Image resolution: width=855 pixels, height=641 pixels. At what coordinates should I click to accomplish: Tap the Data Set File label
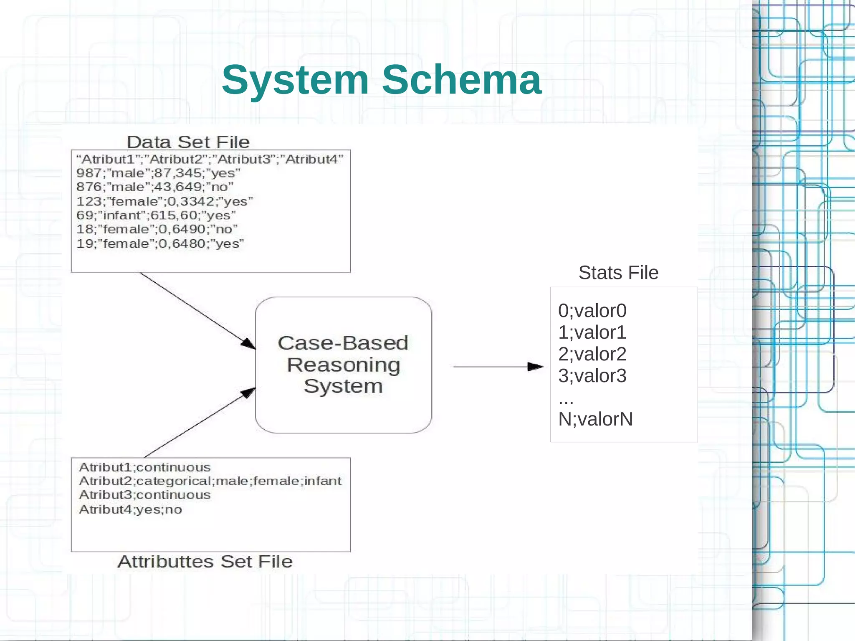click(188, 142)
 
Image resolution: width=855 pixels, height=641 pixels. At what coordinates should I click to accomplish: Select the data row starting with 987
click(158, 173)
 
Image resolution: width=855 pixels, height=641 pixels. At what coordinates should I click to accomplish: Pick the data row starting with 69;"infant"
click(156, 215)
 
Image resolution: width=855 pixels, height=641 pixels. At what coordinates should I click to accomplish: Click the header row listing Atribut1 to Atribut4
click(210, 159)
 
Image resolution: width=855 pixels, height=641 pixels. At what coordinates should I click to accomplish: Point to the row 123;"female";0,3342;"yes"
click(164, 201)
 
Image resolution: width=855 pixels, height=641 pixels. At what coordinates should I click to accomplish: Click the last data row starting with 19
click(160, 243)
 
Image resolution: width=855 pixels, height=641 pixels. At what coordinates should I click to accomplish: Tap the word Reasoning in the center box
click(343, 365)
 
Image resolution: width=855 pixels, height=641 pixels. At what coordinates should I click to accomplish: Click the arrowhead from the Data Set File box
click(248, 344)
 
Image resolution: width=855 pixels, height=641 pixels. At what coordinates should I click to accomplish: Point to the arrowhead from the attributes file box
click(248, 393)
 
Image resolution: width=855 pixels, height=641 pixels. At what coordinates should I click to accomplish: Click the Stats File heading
click(618, 273)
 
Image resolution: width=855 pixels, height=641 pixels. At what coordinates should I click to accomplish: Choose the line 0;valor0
click(592, 311)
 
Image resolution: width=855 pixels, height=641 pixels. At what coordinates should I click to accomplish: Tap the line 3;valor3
click(592, 376)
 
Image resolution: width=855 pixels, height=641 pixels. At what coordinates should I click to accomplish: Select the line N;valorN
click(595, 419)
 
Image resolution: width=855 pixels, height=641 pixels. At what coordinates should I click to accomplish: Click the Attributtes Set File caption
click(205, 562)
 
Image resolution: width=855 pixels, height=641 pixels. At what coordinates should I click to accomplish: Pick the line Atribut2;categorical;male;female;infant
click(210, 481)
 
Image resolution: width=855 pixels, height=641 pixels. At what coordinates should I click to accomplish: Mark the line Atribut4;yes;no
click(130, 509)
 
